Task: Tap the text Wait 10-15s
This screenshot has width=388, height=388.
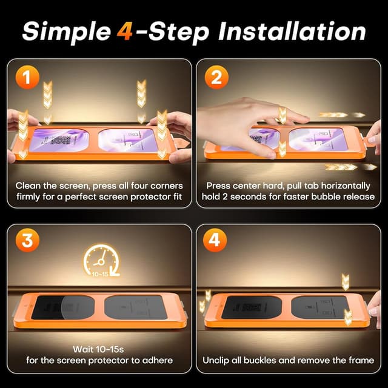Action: click(99, 349)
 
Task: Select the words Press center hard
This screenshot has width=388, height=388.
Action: click(242, 186)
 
